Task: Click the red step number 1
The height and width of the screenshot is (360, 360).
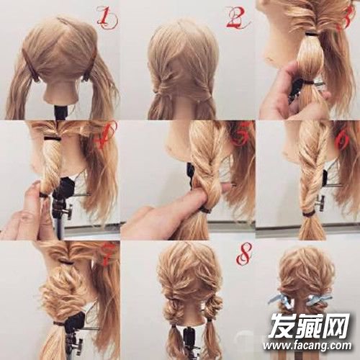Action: [x=107, y=17]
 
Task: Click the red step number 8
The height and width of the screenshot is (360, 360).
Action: [x=244, y=253]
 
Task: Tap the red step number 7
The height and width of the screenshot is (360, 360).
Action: [x=106, y=255]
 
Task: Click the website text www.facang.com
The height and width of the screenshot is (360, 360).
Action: [x=307, y=346]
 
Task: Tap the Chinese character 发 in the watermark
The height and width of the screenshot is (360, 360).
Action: [x=283, y=325]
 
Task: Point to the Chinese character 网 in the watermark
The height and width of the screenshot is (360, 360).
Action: [x=336, y=325]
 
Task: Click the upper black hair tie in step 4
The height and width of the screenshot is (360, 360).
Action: [x=52, y=139]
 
